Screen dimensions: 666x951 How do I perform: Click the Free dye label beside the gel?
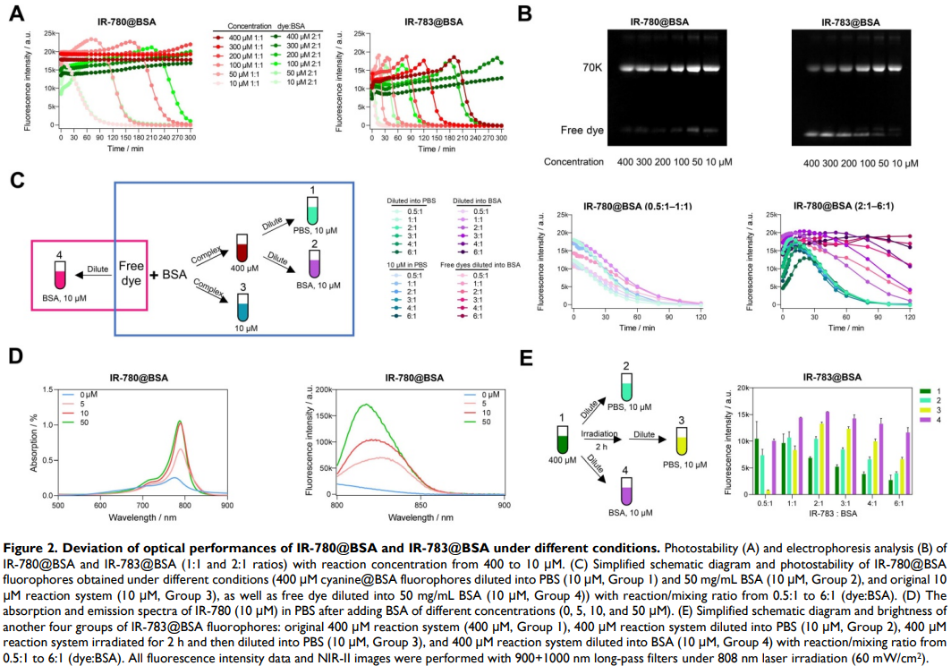tap(583, 131)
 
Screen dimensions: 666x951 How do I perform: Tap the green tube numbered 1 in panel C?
tap(312, 213)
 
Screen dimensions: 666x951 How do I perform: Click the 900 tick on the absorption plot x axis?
tap(226, 503)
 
